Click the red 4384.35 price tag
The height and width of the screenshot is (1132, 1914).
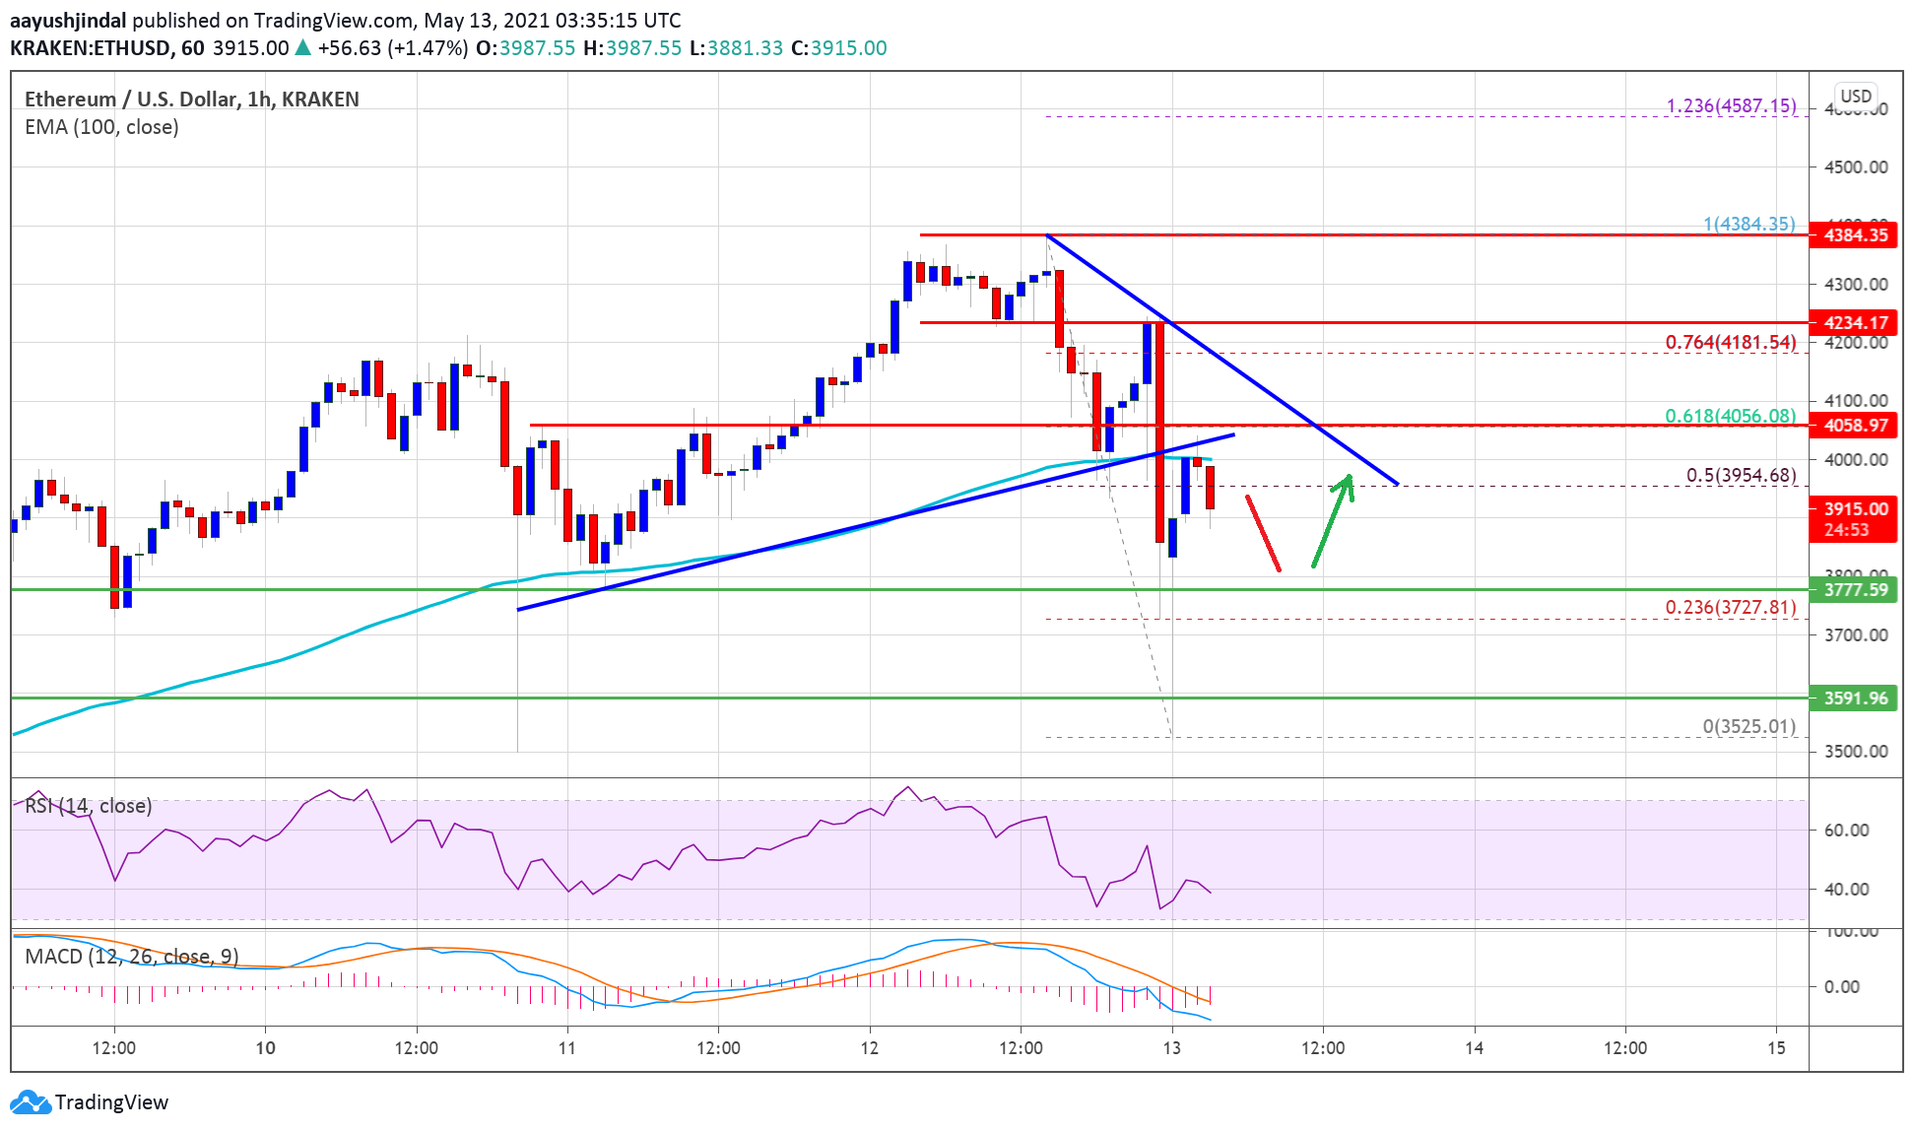[1854, 235]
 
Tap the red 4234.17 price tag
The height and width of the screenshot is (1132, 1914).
[1854, 323]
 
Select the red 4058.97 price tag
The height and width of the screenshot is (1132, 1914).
[1854, 426]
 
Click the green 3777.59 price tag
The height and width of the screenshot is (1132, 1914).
[1854, 590]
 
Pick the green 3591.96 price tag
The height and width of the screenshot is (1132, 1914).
[1854, 699]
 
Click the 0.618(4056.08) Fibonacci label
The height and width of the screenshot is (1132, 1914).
[1730, 416]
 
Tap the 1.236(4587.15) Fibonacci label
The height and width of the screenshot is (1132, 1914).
[1731, 105]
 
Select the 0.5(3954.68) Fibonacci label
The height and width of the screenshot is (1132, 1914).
[1741, 475]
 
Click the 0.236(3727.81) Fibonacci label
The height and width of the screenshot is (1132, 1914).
[1730, 607]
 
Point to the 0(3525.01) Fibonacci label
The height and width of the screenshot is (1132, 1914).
[1749, 726]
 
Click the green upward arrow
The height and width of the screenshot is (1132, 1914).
[1332, 520]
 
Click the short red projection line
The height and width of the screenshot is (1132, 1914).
[1263, 533]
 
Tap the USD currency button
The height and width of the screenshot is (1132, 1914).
[1856, 96]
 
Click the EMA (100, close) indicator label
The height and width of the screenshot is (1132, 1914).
[101, 127]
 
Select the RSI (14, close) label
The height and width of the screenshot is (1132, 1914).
[89, 806]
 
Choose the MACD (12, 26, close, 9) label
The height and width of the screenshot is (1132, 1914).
[132, 957]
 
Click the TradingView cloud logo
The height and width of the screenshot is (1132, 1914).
[31, 1101]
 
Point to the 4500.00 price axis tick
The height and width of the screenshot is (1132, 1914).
[1856, 166]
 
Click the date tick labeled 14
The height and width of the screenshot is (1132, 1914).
[1474, 1047]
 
